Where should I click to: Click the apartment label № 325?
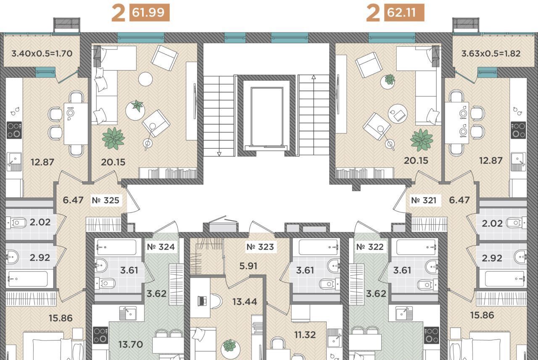(105, 200)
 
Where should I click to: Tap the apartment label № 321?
(424, 200)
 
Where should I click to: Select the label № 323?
(260, 247)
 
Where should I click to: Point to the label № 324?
(161, 247)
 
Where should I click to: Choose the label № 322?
(370, 247)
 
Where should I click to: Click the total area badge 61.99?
(149, 13)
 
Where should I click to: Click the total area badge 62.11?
(404, 13)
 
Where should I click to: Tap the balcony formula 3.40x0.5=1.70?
(42, 53)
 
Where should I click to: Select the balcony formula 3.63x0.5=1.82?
(491, 53)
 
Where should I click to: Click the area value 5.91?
(248, 266)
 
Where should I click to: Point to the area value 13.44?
(245, 302)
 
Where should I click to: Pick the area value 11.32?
(305, 335)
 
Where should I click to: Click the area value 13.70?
(131, 344)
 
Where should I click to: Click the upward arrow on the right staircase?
(314, 77)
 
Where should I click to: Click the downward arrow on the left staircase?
(219, 154)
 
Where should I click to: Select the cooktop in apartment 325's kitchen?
(14, 130)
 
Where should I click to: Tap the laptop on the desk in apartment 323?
(202, 301)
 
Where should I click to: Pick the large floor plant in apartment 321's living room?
(422, 140)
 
